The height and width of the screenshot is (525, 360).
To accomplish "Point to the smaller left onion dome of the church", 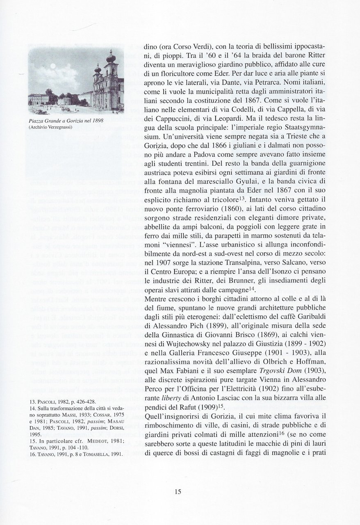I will click(x=98, y=67).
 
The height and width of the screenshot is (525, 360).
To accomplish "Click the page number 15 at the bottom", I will click(x=177, y=492).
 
